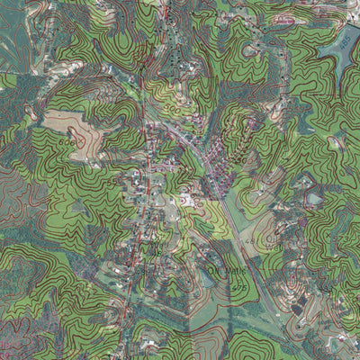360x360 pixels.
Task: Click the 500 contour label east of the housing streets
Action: tap(240, 158)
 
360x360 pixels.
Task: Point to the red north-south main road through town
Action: tap(144, 180)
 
